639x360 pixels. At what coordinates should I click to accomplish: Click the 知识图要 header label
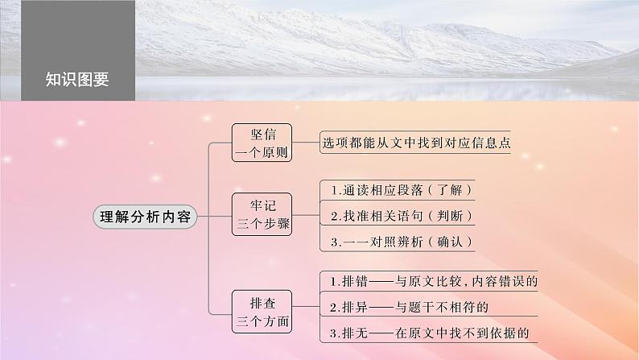click(x=77, y=79)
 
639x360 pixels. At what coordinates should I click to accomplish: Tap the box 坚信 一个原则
click(x=261, y=142)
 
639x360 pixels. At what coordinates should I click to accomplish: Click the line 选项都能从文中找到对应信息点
click(x=417, y=143)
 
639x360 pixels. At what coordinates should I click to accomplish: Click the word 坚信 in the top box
click(x=261, y=133)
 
